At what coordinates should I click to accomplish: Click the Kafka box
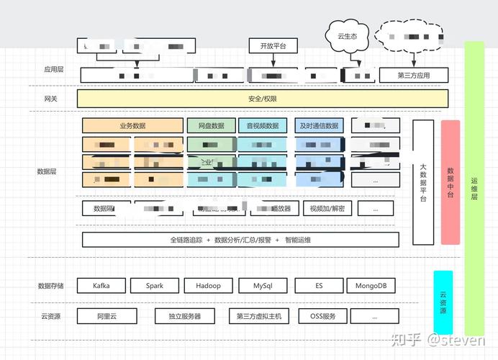tap(101, 285)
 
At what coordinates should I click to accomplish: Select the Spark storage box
tap(154, 285)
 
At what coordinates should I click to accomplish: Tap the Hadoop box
tap(208, 285)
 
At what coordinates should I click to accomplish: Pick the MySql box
tap(263, 285)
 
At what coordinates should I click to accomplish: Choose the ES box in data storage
tap(318, 285)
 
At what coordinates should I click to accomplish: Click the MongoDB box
tap(371, 285)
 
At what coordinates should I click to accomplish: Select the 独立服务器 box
tap(184, 316)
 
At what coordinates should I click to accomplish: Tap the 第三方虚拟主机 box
tap(258, 316)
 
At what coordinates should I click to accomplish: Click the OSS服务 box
tap(318, 316)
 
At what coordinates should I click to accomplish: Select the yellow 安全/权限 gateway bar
tap(263, 99)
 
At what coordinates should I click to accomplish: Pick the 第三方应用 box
tap(413, 75)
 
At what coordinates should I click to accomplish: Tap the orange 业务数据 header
tap(132, 125)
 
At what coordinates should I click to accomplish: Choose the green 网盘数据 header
tap(210, 125)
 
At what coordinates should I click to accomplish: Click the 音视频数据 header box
tap(263, 125)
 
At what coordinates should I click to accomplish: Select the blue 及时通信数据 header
tap(320, 125)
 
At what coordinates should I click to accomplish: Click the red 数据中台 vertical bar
tap(450, 181)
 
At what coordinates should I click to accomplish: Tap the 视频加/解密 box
tap(327, 209)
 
